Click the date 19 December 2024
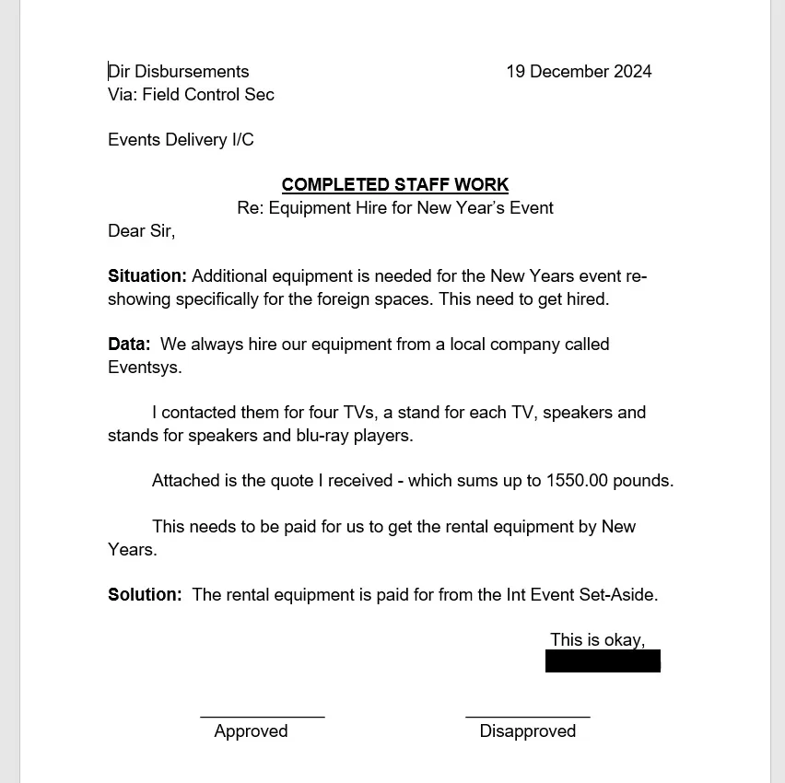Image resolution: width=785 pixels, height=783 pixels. [x=579, y=72]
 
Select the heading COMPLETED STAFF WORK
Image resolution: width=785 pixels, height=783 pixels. [x=395, y=185]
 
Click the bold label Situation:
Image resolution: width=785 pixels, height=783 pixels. [x=147, y=276]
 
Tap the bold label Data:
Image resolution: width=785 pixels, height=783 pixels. [x=129, y=345]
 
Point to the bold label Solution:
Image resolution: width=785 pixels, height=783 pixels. [x=145, y=595]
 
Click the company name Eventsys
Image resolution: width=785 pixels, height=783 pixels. [x=144, y=368]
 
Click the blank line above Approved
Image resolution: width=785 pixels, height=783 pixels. [x=263, y=716]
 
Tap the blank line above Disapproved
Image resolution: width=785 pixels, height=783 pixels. [x=528, y=716]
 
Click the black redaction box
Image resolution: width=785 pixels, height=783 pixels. [x=603, y=661]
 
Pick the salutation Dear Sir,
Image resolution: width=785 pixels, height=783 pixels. [x=141, y=231]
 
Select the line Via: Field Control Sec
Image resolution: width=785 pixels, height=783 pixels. [x=191, y=95]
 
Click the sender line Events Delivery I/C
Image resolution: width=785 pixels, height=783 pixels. [x=181, y=140]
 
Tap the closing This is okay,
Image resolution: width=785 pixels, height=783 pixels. [x=597, y=640]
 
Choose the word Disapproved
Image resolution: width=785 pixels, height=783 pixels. [x=528, y=731]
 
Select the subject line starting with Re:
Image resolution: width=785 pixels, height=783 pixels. [x=395, y=208]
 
